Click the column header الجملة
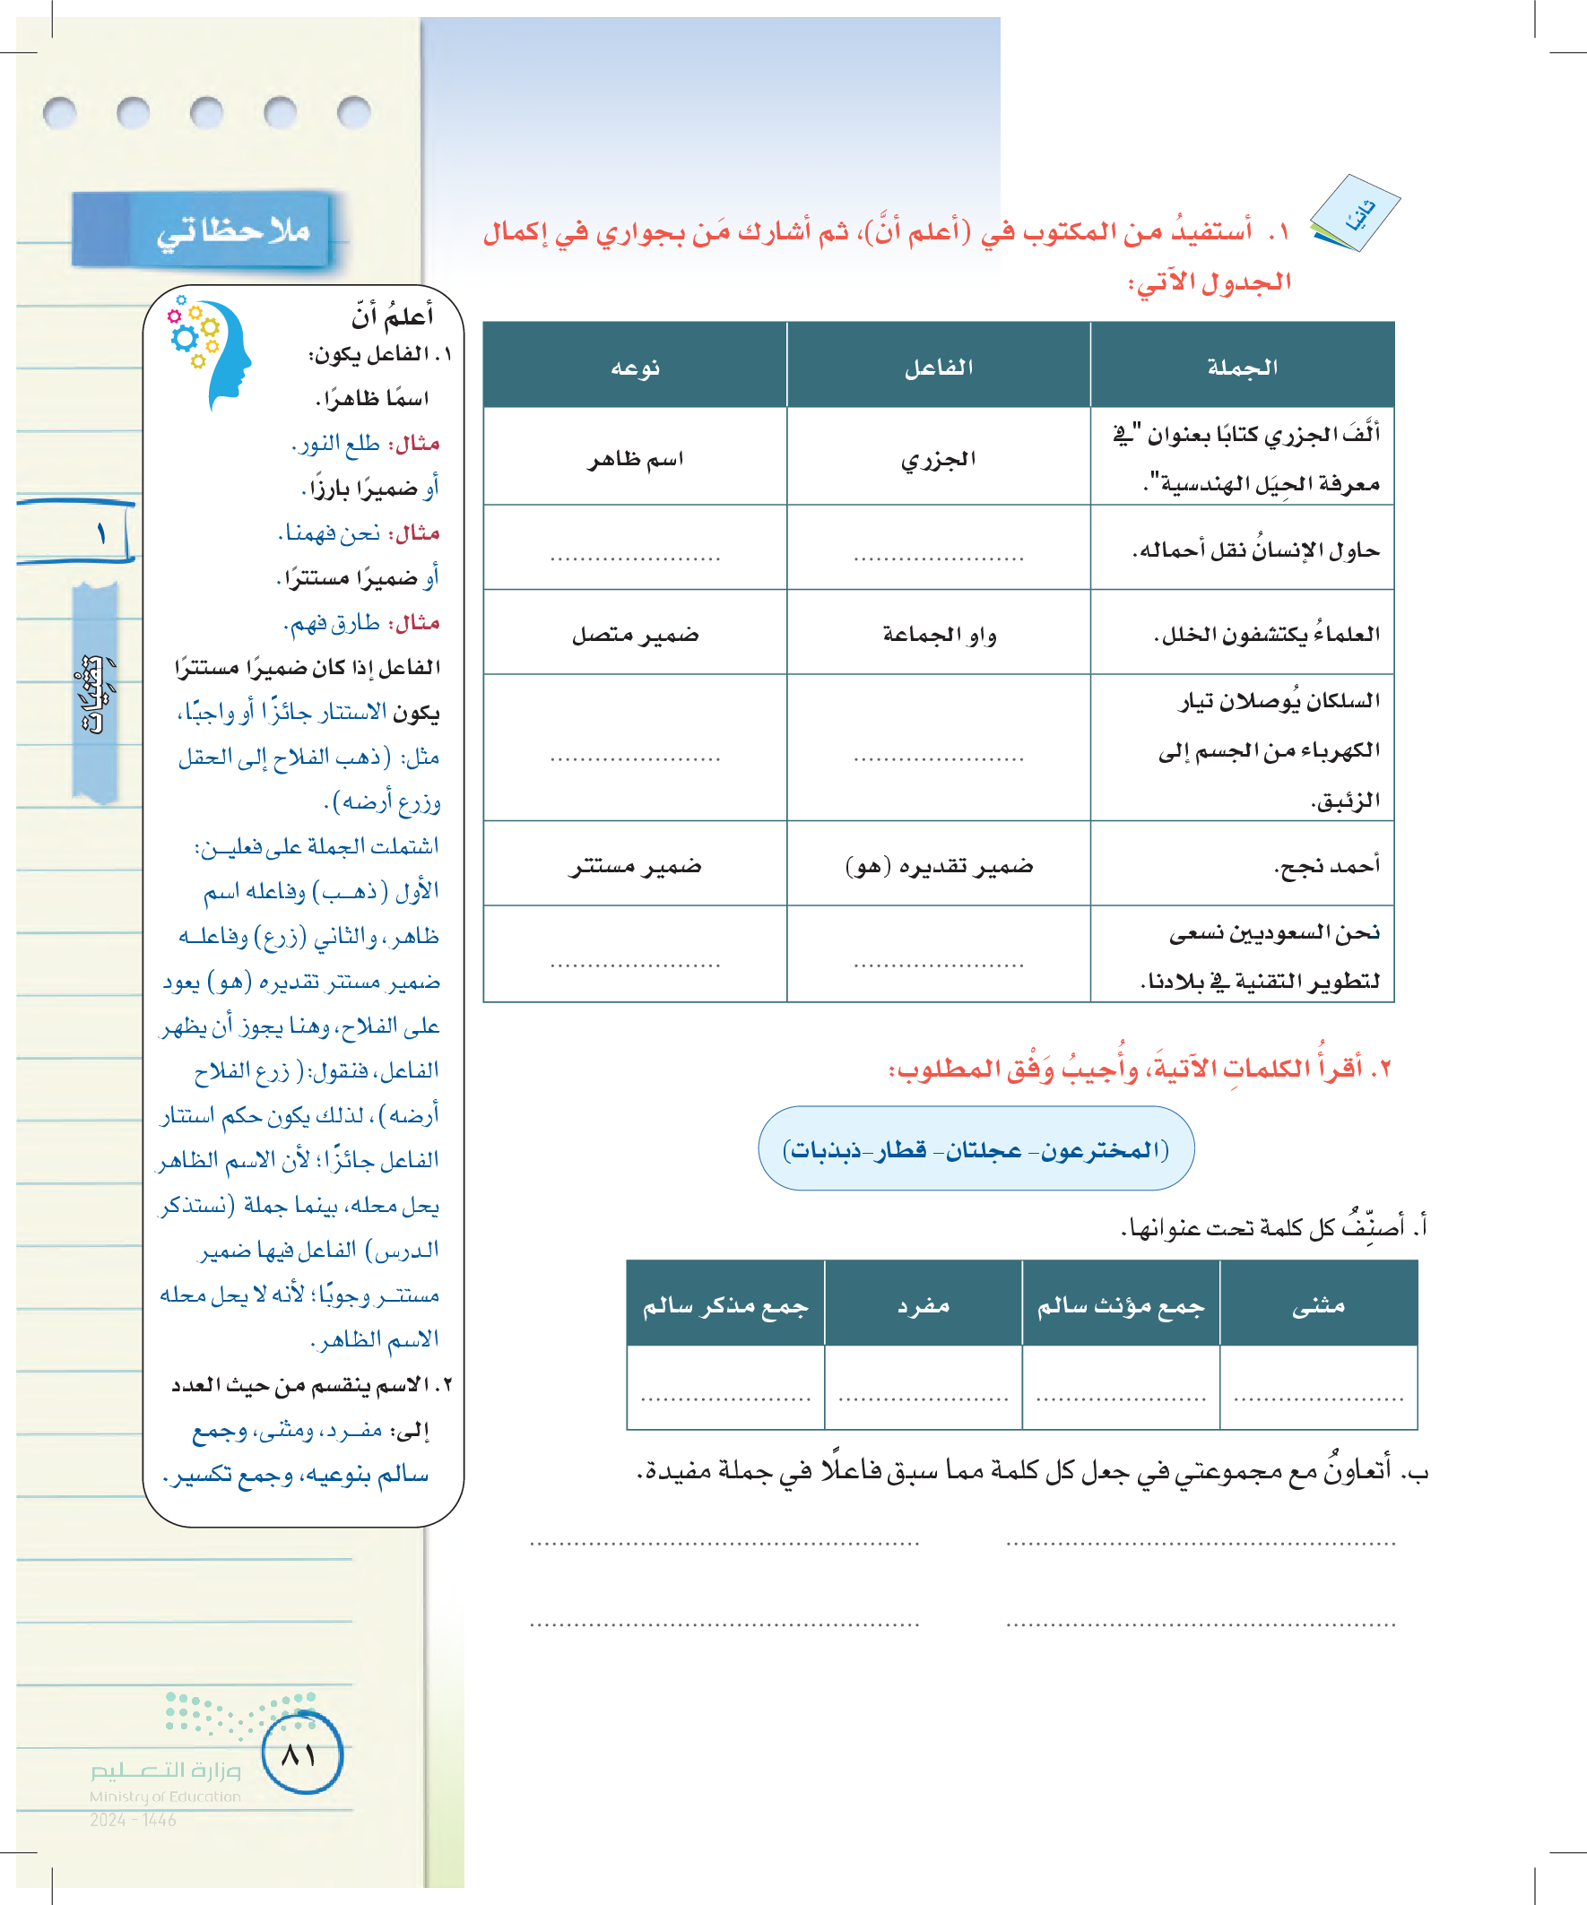click(1241, 367)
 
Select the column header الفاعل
click(938, 367)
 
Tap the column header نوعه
click(635, 367)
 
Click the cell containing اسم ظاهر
click(635, 459)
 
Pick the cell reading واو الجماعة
click(938, 634)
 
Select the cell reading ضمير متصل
click(635, 634)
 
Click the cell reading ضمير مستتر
click(635, 865)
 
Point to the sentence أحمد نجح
click(1327, 865)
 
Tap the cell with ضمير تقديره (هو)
click(938, 865)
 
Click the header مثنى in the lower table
click(1318, 1304)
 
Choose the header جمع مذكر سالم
click(725, 1304)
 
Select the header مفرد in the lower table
click(923, 1304)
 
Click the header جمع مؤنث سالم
click(1121, 1304)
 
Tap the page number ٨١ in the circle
click(300, 1754)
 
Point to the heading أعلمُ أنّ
click(392, 316)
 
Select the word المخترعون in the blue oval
click(1103, 1149)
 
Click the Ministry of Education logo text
click(165, 1782)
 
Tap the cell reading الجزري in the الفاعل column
click(938, 459)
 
